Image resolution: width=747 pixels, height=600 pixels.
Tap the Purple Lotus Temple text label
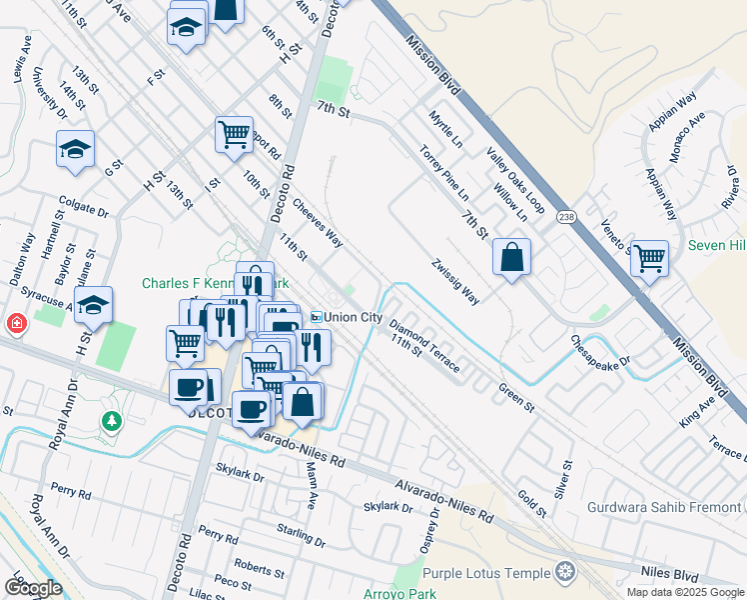(x=486, y=573)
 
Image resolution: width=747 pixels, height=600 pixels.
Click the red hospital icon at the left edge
(x=15, y=324)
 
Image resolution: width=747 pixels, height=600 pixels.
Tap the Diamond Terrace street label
(x=425, y=346)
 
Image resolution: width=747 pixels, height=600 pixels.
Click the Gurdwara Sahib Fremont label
(x=665, y=508)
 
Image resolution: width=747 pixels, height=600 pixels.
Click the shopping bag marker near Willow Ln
(x=511, y=258)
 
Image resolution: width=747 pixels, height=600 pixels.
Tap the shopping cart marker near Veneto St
(x=649, y=259)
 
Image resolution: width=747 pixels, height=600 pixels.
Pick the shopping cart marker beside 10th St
(x=234, y=133)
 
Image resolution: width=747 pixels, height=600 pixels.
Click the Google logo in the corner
(x=33, y=587)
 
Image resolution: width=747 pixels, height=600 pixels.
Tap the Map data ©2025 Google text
(x=684, y=592)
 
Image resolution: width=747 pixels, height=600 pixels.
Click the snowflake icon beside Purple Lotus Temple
(x=565, y=573)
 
